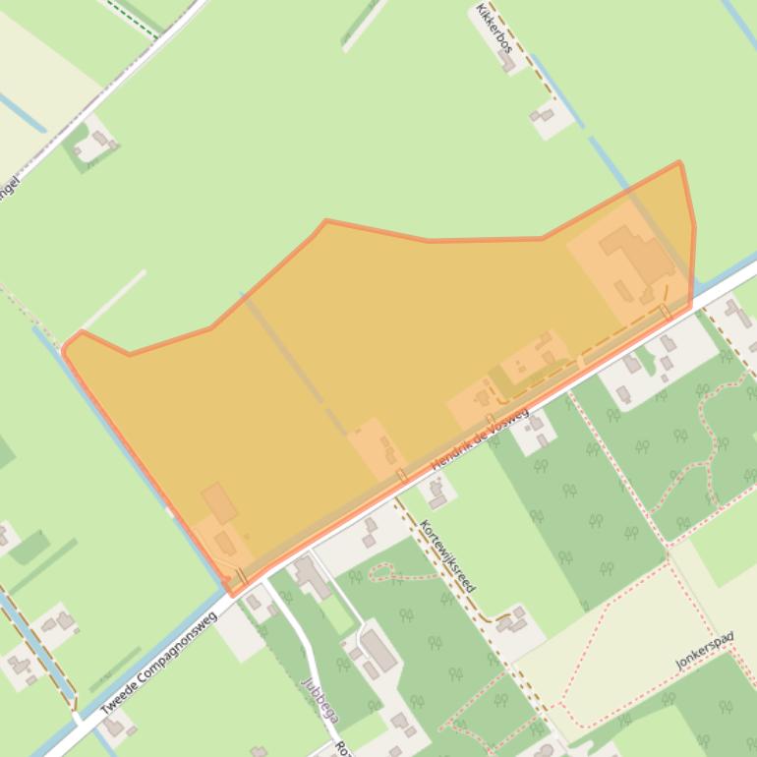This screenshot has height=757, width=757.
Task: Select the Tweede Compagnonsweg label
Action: tap(157, 664)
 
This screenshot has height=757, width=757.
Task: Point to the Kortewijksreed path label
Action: tap(447, 555)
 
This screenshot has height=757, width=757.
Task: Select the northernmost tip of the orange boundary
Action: tap(678, 162)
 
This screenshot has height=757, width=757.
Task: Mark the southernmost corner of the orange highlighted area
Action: tap(233, 595)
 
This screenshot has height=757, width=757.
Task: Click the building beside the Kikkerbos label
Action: tap(506, 62)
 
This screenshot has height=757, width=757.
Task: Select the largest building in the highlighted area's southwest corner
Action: tap(218, 502)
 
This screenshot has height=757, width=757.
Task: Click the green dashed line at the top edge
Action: tap(133, 19)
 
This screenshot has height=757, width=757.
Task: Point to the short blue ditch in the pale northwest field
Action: tap(22, 113)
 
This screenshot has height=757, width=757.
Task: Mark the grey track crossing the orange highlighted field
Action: tap(295, 364)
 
